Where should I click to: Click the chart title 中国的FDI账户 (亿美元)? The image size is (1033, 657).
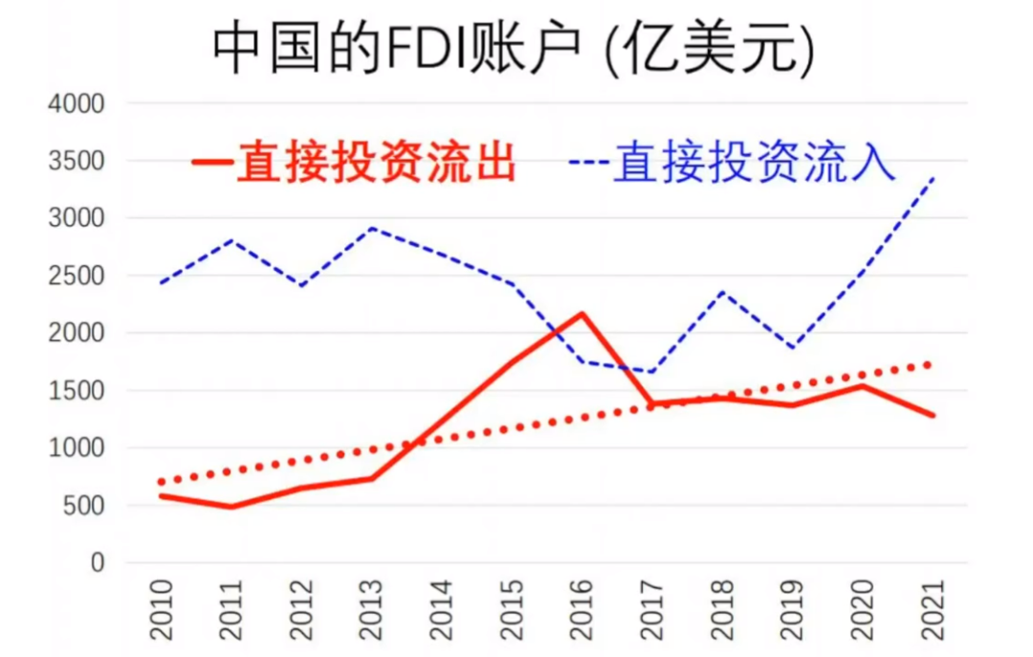(x=514, y=47)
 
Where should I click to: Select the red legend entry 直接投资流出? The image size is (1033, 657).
(x=356, y=162)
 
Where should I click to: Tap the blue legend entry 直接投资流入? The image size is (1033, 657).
(x=735, y=162)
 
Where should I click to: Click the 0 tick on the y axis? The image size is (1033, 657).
(x=96, y=562)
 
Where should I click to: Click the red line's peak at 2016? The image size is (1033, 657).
(x=582, y=314)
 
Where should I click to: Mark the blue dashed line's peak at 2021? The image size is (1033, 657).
(x=934, y=178)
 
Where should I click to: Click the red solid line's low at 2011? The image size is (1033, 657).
(x=230, y=506)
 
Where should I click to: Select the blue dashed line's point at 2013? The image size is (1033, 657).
(x=371, y=229)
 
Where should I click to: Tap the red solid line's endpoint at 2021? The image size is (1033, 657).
(x=934, y=415)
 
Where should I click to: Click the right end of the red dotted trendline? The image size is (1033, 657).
(x=930, y=364)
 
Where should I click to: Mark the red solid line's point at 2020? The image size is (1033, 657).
(x=863, y=385)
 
